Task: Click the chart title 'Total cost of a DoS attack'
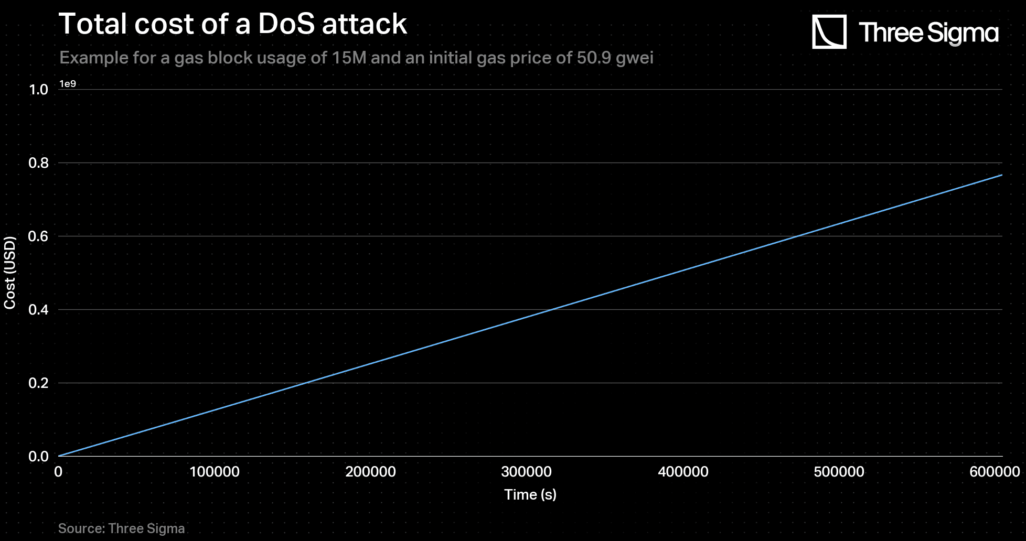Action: click(x=232, y=24)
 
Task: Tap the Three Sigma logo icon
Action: click(x=829, y=32)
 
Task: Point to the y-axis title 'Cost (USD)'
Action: click(x=10, y=273)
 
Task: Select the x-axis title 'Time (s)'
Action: click(x=530, y=494)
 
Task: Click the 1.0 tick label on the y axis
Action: click(x=38, y=90)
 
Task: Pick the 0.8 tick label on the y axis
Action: click(x=38, y=163)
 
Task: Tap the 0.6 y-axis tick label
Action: click(x=38, y=236)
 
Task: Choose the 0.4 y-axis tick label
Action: click(x=38, y=310)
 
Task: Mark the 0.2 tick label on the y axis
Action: click(x=38, y=383)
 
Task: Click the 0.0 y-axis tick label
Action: click(x=38, y=457)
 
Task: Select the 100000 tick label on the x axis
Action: click(x=215, y=472)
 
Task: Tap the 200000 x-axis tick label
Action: click(x=370, y=472)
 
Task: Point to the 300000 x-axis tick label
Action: click(x=526, y=472)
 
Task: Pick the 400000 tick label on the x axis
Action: click(x=683, y=472)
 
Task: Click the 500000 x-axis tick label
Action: click(x=839, y=472)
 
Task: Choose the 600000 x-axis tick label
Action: click(x=995, y=472)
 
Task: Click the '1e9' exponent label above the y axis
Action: click(x=68, y=84)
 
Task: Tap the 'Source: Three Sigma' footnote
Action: click(x=121, y=528)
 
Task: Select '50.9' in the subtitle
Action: click(x=594, y=57)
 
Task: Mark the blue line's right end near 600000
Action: click(x=1001, y=175)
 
